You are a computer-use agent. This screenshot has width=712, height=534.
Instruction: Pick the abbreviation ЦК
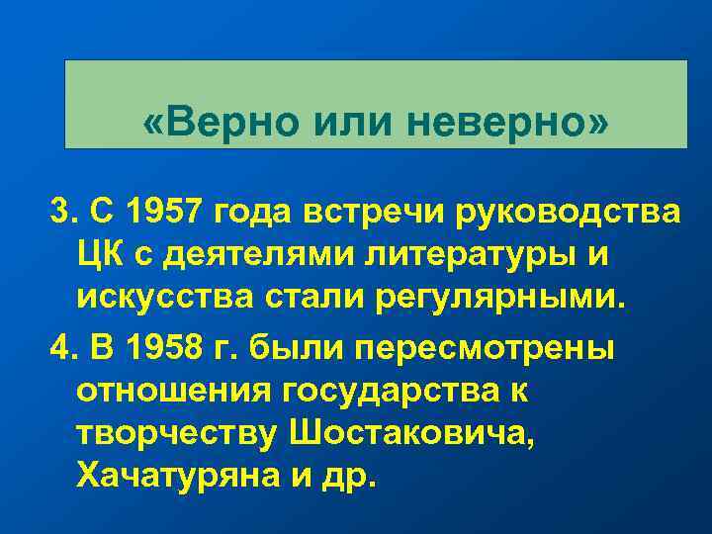[x=104, y=255]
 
